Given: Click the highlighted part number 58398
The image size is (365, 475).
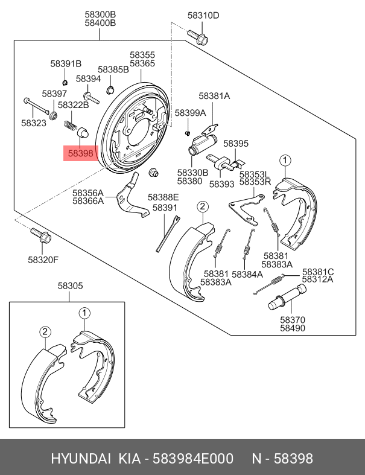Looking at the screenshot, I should click(x=80, y=154).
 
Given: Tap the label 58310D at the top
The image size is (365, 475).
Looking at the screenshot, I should click(x=203, y=16).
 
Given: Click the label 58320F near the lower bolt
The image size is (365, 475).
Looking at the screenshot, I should click(x=43, y=260).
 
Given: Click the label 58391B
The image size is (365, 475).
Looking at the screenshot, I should click(x=65, y=64).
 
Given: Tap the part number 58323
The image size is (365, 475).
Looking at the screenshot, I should click(x=33, y=123).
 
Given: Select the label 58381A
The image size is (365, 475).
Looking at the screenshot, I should click(x=214, y=96).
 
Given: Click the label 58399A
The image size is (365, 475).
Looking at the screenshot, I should click(x=190, y=113).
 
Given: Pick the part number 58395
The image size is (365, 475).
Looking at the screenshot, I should click(x=236, y=144).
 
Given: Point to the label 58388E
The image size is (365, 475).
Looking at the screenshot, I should click(x=163, y=197).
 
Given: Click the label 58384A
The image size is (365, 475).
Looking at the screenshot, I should click(x=247, y=273).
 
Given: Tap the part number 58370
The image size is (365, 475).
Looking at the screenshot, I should click(x=292, y=320).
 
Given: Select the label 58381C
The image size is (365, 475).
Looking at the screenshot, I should click(x=318, y=272).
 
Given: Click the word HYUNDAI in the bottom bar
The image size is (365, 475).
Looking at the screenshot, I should click(x=80, y=459).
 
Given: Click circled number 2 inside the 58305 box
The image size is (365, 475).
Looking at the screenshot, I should click(x=45, y=331).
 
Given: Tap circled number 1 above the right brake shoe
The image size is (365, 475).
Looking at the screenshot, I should click(x=285, y=160).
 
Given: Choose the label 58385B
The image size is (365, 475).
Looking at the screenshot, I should click(x=113, y=69).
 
